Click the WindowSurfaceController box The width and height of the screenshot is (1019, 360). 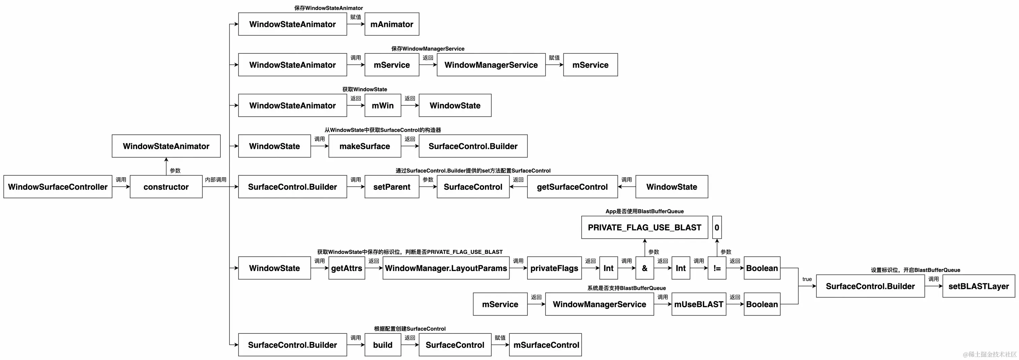click(58, 187)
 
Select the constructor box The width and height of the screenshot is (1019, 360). click(166, 187)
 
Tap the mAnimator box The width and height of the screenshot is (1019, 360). click(392, 24)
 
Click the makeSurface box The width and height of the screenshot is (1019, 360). click(365, 146)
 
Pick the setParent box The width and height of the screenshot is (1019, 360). click(392, 187)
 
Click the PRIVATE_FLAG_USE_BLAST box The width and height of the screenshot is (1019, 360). click(644, 228)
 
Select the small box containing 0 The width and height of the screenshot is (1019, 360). click(717, 228)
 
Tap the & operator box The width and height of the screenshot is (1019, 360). click(644, 268)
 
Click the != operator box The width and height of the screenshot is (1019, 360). click(717, 268)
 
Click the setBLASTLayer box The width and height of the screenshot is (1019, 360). click(979, 286)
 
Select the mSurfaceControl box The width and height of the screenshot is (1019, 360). click(546, 345)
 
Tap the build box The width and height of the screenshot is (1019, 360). click(382, 345)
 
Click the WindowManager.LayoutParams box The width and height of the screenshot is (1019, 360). click(446, 268)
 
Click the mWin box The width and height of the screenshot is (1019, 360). click(382, 105)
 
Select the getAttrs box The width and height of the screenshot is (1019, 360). click(346, 268)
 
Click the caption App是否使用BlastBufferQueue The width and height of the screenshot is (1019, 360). click(644, 211)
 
